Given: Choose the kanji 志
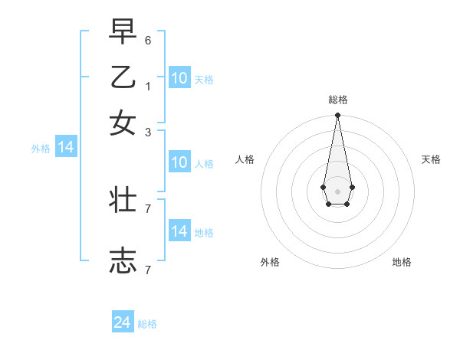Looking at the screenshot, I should tap(123, 260).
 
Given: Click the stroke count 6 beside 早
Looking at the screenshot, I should tap(148, 40).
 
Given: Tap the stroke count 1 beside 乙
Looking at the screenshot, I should tap(148, 86).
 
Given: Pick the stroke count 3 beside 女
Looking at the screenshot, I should tap(148, 132).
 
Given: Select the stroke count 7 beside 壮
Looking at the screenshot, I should tap(148, 208).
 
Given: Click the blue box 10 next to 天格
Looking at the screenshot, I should tap(179, 77).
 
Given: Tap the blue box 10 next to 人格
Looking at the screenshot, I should tap(179, 162).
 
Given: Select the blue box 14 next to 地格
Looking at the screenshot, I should tap(179, 231).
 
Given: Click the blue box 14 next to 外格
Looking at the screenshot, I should tap(66, 147).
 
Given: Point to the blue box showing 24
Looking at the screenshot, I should tap(123, 322).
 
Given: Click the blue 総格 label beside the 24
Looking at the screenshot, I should tap(147, 324).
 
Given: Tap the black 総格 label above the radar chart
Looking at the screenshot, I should tap(337, 100).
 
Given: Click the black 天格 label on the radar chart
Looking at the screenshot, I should tap(431, 159).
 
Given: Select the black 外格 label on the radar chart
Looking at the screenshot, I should tap(270, 262).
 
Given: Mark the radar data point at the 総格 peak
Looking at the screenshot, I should tap(337, 116).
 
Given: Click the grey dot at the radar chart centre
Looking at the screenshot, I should tap(337, 191).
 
